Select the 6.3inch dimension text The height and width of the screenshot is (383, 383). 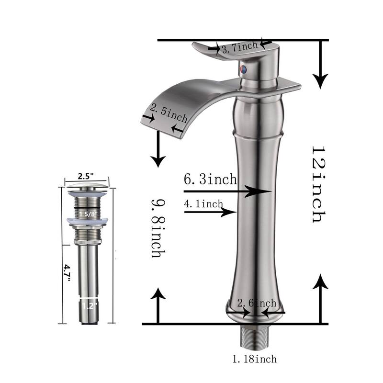pos(211,180)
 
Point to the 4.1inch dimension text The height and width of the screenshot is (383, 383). pos(203,204)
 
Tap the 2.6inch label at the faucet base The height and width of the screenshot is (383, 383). pos(258,303)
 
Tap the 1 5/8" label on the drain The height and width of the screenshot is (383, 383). pos(87,214)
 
